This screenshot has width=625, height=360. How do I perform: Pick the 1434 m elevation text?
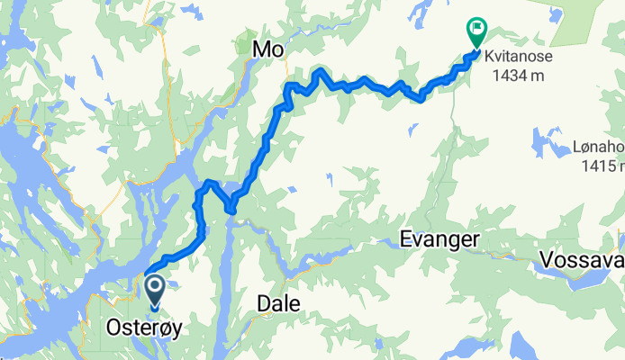[x=519, y=76]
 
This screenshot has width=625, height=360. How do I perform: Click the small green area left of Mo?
[x=244, y=43]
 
